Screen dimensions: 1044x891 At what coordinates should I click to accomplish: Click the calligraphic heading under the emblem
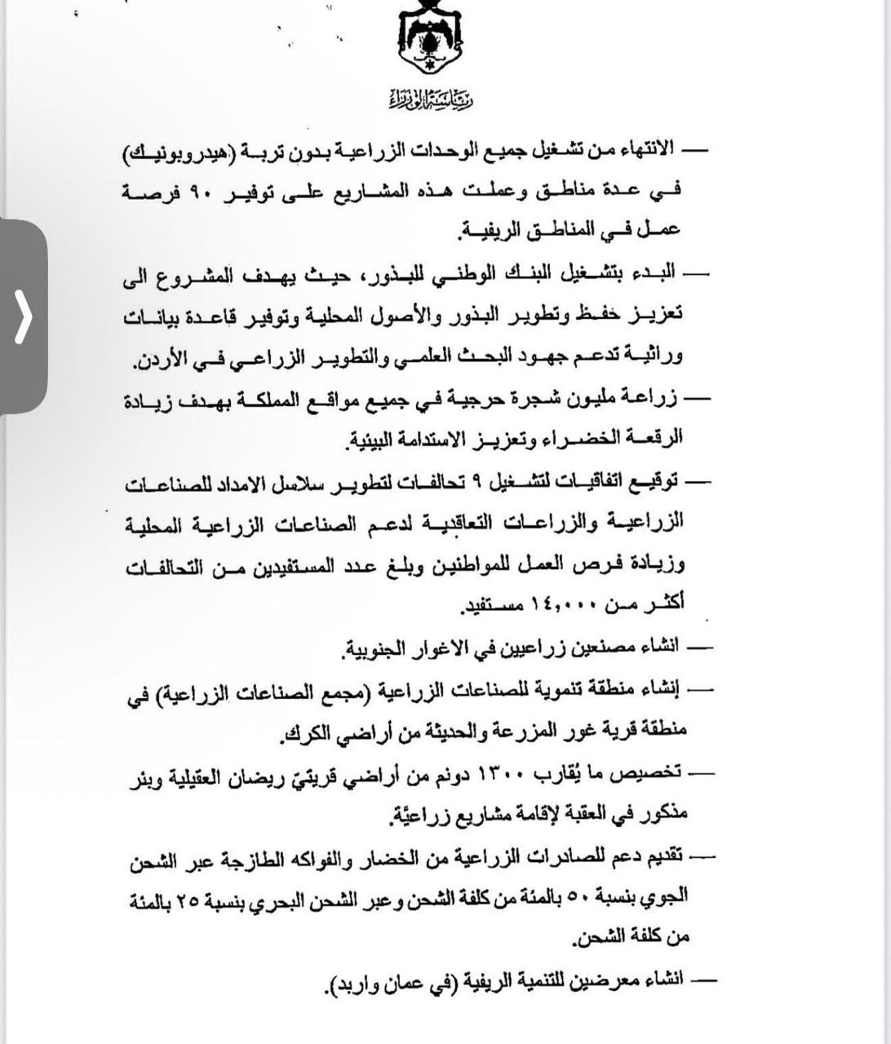[431, 100]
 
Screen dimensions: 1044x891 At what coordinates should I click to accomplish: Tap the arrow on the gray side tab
[23, 316]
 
